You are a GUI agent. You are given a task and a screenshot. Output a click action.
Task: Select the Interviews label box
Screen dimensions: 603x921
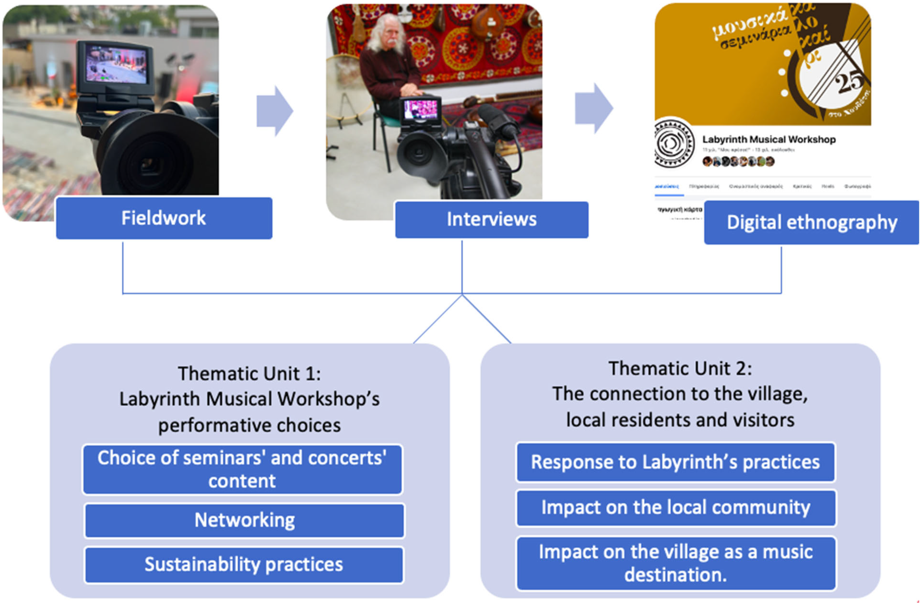point(491,220)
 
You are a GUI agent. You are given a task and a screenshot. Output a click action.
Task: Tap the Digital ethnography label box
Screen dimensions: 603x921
point(811,222)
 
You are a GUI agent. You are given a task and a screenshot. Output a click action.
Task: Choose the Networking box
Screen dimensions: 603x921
point(245,520)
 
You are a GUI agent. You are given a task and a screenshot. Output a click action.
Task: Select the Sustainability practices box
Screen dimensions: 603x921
point(244,565)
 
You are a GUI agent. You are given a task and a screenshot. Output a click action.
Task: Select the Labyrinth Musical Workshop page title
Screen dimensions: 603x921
point(768,139)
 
